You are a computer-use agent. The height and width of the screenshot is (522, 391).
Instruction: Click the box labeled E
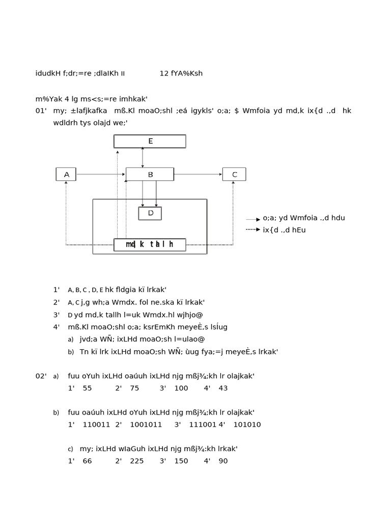(150, 141)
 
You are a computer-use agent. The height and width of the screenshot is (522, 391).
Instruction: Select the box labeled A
(66, 174)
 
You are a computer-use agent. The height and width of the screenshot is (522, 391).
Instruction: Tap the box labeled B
(150, 174)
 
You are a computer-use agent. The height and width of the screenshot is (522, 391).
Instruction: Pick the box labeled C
(234, 174)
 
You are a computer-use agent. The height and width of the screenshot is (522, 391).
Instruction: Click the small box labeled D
(150, 213)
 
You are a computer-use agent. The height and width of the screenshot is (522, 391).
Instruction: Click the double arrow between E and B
(143, 158)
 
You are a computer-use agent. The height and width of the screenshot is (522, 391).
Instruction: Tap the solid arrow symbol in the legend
(253, 219)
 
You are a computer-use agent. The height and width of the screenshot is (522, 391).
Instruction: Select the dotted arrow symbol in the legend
(253, 230)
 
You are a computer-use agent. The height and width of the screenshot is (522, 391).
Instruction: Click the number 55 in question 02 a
(87, 388)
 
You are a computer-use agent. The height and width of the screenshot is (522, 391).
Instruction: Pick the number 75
(134, 388)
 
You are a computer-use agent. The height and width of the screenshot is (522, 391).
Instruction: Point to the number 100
(181, 388)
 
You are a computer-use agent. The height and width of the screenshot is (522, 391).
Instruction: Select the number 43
(223, 388)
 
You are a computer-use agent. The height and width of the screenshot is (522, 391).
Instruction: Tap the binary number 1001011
(146, 425)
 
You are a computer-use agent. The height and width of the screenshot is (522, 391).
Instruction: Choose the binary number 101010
(247, 425)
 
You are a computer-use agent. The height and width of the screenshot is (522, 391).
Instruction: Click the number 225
(136, 461)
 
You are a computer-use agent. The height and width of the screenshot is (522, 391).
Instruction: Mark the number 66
(87, 461)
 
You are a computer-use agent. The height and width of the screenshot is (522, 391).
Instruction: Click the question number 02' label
(41, 376)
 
